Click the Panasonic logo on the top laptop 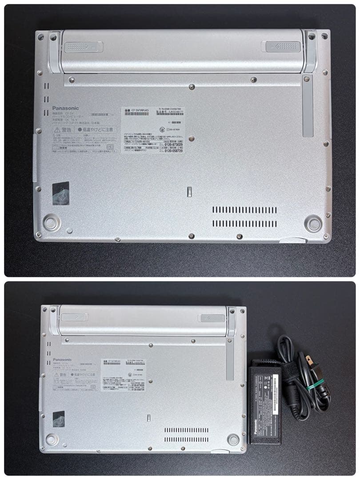(x=66, y=108)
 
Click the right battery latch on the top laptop (x=283, y=46)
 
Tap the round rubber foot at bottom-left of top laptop (x=51, y=221)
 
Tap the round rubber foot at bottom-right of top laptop (x=313, y=223)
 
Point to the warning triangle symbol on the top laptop (x=57, y=130)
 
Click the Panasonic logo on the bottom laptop (x=62, y=360)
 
